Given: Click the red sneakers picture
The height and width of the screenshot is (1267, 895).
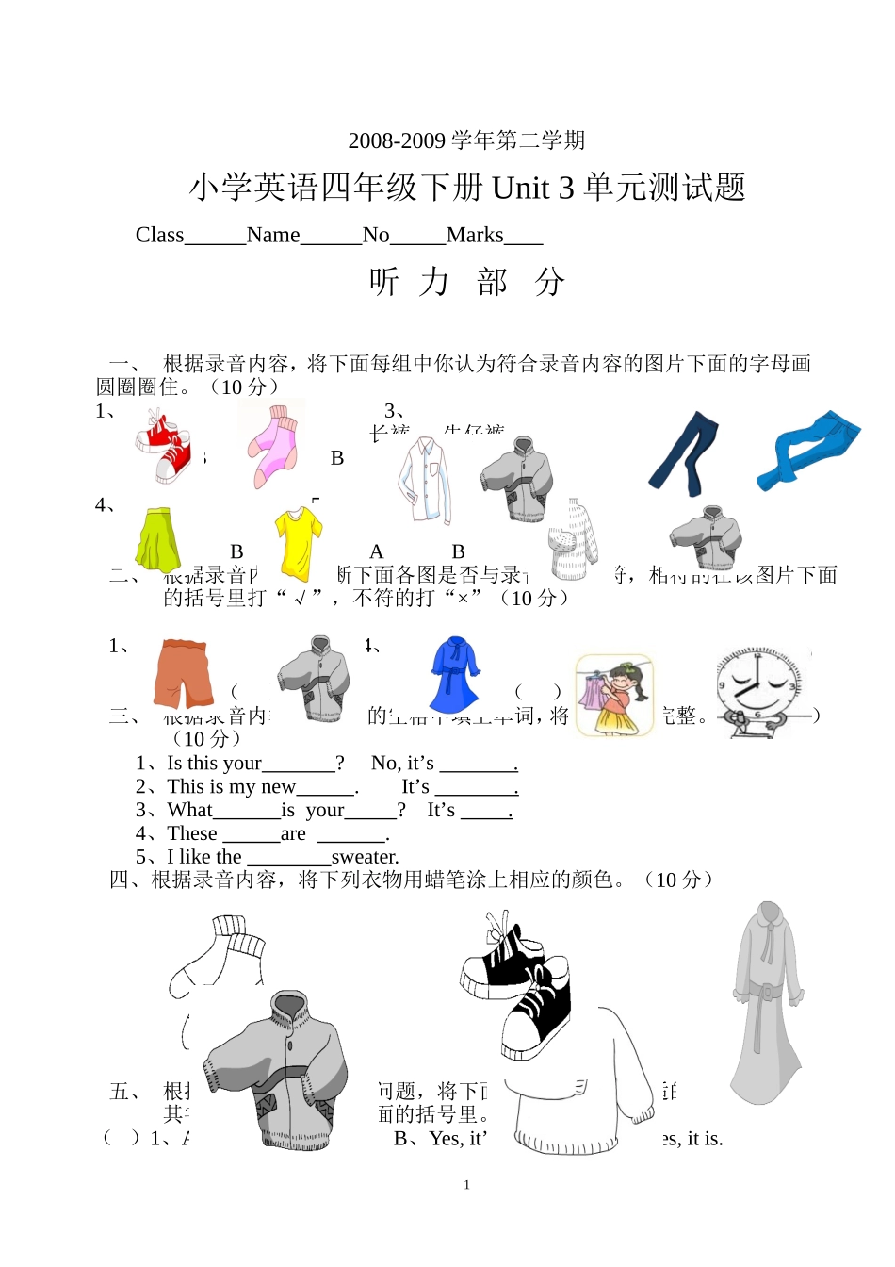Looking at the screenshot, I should pos(164,447).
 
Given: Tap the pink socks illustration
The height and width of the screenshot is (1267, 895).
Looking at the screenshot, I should pos(273,447).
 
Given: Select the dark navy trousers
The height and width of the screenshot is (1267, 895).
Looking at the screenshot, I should pos(684,454).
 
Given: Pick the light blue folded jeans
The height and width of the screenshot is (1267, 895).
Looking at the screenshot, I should pos(807,451).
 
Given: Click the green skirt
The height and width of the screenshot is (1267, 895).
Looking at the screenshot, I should pos(157,540).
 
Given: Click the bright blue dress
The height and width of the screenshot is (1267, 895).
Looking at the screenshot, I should pos(455,674).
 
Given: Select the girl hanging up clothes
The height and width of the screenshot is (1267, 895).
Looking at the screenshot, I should pos(614,696).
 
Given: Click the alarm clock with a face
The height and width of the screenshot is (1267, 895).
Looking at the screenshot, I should pos(760,690).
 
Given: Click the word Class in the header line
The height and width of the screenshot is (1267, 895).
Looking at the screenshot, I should pos(159,235).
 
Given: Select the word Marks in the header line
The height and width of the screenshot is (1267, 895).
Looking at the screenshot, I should pos(475,235).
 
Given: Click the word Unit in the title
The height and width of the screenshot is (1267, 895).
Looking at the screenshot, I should pos(520,188).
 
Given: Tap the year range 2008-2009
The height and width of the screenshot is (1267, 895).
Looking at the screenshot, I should pos(397,140).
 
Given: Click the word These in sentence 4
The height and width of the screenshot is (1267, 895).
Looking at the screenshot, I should pos(192,833).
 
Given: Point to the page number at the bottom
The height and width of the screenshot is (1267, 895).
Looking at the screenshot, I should pos(466,1185).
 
